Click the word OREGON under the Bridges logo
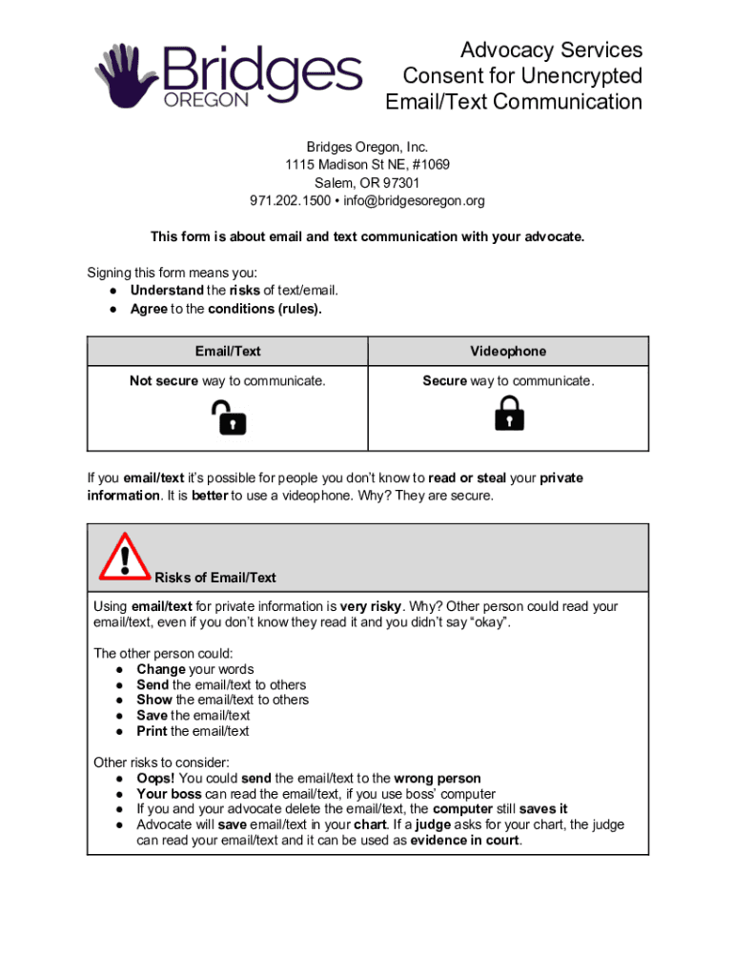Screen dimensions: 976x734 [x=207, y=100]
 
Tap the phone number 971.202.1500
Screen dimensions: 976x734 [x=290, y=200]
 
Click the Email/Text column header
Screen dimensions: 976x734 [x=228, y=351]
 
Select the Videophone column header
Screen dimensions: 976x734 [x=508, y=351]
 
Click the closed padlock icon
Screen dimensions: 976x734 [x=509, y=414]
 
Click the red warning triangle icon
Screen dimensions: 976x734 [x=123, y=557]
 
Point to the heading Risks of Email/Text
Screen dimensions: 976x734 [x=215, y=578]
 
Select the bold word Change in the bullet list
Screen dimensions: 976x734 [x=160, y=669]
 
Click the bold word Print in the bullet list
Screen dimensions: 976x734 [x=152, y=731]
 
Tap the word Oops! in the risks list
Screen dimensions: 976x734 [x=155, y=779]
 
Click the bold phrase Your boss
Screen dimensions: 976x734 [x=169, y=794]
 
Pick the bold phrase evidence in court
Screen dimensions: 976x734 [x=465, y=841]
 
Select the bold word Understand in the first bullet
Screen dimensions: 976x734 [x=167, y=290]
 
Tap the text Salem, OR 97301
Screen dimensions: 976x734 [x=367, y=183]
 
